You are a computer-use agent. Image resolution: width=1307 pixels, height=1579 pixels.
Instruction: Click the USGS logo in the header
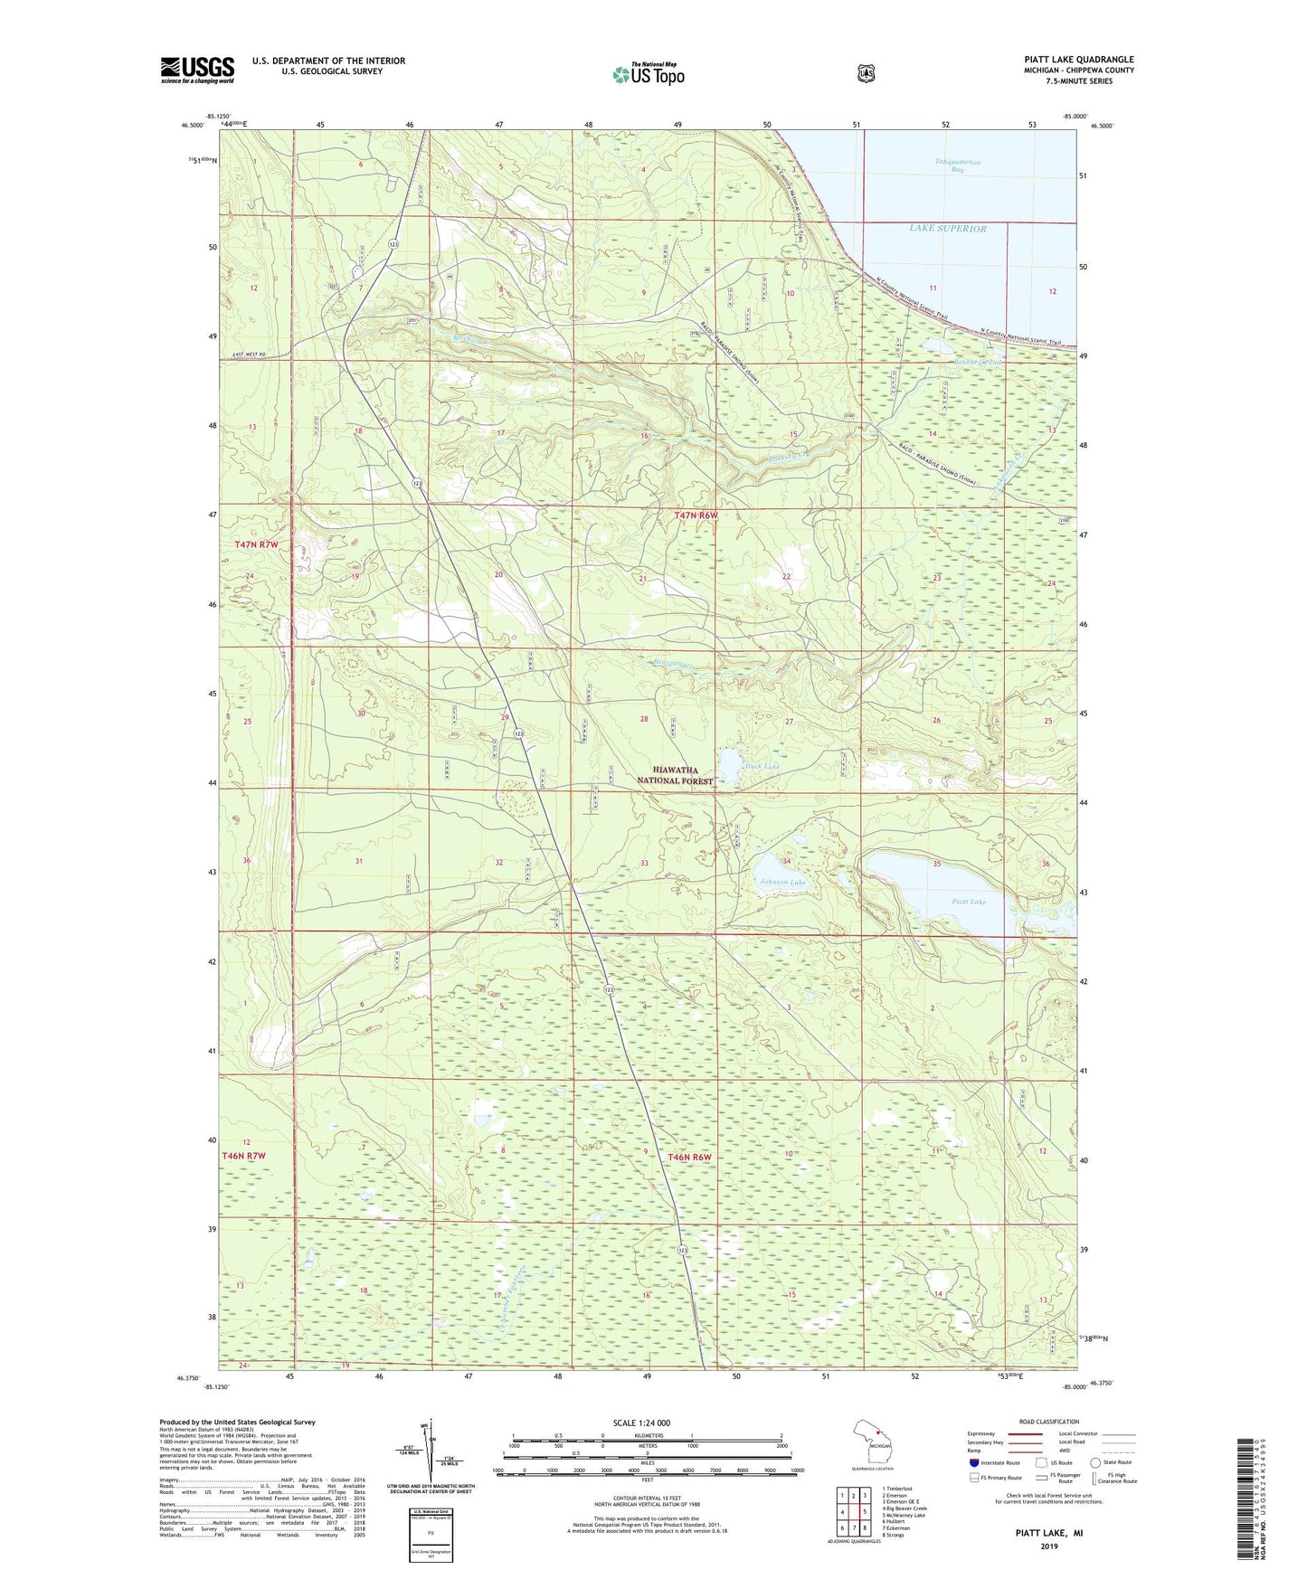click(197, 70)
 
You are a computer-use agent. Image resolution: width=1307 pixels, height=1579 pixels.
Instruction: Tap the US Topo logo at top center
click(647, 74)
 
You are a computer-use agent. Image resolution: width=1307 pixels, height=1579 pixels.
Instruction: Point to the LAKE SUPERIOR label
click(947, 229)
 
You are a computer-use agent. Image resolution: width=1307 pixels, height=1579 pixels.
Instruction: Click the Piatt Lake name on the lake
click(969, 902)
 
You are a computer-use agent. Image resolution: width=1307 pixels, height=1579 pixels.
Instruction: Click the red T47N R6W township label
click(696, 515)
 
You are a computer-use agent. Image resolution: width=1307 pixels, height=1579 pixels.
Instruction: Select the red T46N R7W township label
click(243, 1156)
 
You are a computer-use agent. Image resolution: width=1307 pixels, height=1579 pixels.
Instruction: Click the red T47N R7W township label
click(256, 545)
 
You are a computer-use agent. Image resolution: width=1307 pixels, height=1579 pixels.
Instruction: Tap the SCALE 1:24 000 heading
click(641, 1423)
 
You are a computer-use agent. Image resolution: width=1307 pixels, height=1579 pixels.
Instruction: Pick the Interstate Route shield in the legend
click(973, 1462)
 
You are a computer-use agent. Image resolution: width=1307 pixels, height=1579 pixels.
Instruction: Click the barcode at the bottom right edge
click(1252, 1497)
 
